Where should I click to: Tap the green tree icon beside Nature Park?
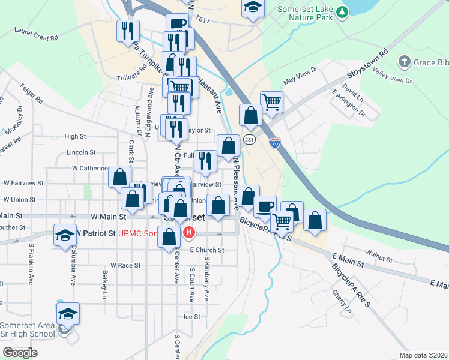tap(342, 11)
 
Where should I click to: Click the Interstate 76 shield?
tap(275, 142)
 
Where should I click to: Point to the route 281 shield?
tap(249, 140)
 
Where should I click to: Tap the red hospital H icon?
tap(190, 232)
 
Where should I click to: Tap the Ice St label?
tap(191, 316)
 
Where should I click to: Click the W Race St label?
tap(125, 265)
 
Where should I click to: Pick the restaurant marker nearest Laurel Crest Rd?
tap(127, 31)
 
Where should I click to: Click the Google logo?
tap(20, 353)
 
